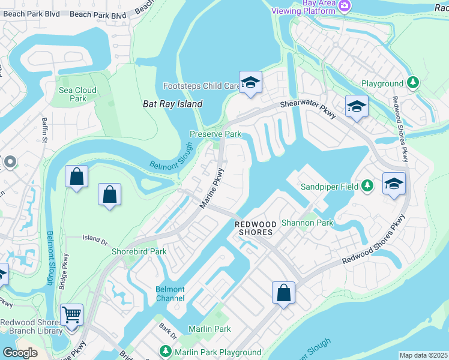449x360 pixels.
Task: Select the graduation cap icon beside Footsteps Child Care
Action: (x=250, y=83)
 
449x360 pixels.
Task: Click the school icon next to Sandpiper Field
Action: (x=393, y=183)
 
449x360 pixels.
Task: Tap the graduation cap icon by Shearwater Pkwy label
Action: (x=357, y=107)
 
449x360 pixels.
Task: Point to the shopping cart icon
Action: (x=71, y=314)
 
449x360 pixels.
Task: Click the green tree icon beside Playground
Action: (x=412, y=83)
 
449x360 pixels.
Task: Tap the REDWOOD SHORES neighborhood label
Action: (x=254, y=227)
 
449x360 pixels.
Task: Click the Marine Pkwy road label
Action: (x=211, y=193)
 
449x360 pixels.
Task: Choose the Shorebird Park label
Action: (x=139, y=251)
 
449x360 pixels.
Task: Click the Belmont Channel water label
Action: (x=170, y=293)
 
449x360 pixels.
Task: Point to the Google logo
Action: (x=20, y=353)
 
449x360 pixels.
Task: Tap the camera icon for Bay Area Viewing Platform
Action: (x=345, y=6)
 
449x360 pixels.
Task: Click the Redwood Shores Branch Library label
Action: (x=31, y=326)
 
